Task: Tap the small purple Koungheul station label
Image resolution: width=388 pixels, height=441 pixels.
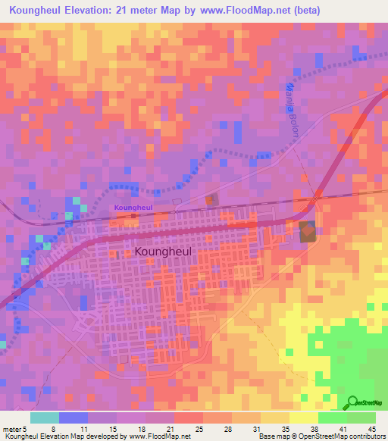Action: pyautogui.click(x=133, y=207)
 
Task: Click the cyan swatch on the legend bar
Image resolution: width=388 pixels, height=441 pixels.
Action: pyautogui.click(x=44, y=418)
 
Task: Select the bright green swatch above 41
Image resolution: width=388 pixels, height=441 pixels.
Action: pyautogui.click(x=332, y=418)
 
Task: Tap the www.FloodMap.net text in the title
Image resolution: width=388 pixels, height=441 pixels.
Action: pyautogui.click(x=234, y=11)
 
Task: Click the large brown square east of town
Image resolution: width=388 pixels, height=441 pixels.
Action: pyautogui.click(x=308, y=232)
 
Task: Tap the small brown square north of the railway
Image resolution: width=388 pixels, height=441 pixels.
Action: pyautogui.click(x=211, y=199)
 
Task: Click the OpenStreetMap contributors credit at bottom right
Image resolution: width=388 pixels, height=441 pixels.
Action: pyautogui.click(x=333, y=436)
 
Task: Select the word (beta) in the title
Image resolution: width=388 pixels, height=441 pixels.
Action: pyautogui.click(x=299, y=11)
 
